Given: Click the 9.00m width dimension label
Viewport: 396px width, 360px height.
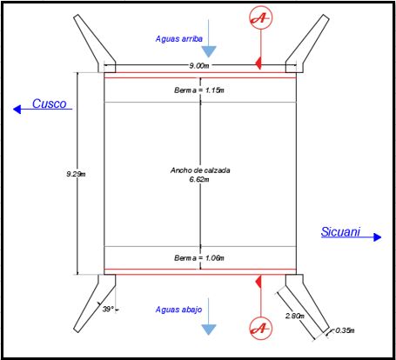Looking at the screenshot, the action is click(x=199, y=66).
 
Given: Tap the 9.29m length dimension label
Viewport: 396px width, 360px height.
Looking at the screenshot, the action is click(x=76, y=174).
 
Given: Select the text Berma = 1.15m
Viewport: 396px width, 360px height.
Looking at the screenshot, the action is click(x=199, y=90).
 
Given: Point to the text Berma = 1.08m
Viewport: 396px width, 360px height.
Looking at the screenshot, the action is click(x=199, y=257).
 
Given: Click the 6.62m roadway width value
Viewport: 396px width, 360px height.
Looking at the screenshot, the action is click(x=199, y=179).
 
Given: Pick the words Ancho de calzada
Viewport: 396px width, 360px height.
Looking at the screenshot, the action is click(x=200, y=170).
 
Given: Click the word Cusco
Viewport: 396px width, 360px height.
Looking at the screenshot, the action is click(x=50, y=103).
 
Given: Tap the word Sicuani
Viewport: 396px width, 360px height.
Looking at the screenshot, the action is click(x=340, y=231).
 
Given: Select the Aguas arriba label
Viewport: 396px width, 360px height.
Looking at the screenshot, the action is click(x=179, y=38).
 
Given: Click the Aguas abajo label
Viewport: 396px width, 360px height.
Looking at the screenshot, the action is click(x=178, y=310).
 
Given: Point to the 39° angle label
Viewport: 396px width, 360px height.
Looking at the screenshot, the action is click(x=108, y=309).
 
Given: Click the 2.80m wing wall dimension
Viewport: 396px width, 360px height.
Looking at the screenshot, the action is click(x=295, y=316).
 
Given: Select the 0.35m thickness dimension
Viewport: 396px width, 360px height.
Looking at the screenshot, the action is click(x=345, y=330).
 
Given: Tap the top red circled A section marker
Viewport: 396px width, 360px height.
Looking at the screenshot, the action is click(x=261, y=18).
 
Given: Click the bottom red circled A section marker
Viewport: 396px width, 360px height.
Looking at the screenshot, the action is click(x=261, y=328).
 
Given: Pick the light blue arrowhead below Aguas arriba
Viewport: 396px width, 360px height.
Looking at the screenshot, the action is click(x=209, y=51).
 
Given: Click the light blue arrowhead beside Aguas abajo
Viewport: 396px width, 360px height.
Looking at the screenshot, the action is click(x=209, y=330).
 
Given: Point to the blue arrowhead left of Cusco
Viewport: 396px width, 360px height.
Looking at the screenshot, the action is click(x=17, y=110).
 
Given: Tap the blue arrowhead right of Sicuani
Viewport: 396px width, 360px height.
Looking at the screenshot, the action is click(x=378, y=237).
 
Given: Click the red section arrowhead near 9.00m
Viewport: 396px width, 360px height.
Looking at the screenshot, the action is click(x=258, y=63).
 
